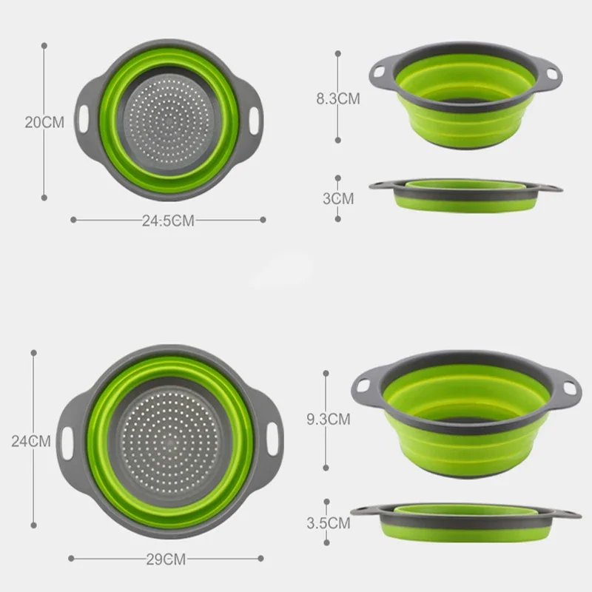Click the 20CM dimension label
44,122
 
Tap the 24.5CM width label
168,221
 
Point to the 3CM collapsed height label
338,198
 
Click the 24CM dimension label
31,441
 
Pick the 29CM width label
164,559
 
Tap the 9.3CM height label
328,420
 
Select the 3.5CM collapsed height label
328,523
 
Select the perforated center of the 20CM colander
171,120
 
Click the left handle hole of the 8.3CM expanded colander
380,72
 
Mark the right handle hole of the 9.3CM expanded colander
568,388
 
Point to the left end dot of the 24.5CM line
73,219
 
